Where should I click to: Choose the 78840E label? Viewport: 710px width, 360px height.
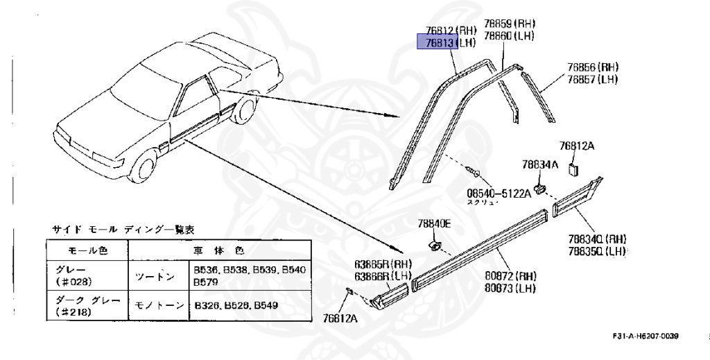point(434,223)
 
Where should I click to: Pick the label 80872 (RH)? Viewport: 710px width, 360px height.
point(511,275)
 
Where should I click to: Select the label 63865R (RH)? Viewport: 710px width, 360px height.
point(383,264)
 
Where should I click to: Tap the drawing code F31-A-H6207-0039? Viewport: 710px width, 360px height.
point(645,336)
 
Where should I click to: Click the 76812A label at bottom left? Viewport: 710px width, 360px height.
point(340,318)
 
